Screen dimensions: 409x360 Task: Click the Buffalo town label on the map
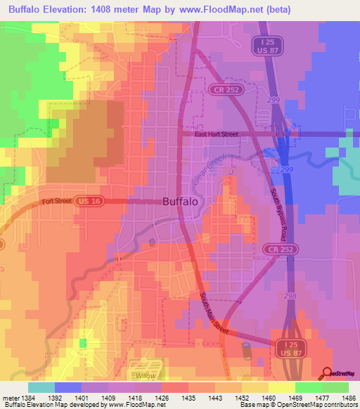pos(180,201)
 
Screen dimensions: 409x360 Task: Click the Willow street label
pos(147,376)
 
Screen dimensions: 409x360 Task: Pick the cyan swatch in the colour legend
pos(41,387)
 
